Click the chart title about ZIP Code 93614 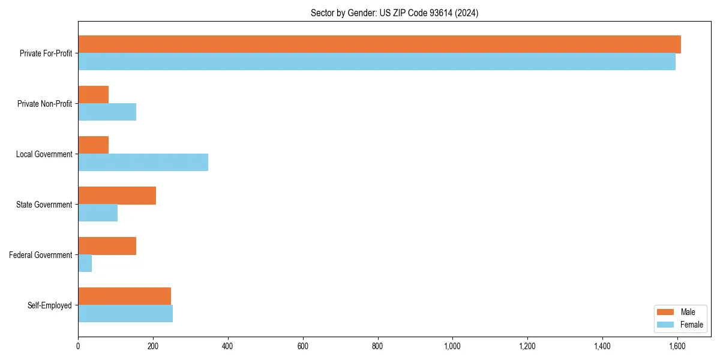394,13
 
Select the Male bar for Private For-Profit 379,44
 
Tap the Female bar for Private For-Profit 377,62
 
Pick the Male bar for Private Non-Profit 94,95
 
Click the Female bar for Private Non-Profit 107,112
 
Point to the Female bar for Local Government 143,163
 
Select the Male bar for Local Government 94,145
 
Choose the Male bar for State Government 117,196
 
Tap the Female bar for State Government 98,213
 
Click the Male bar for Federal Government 107,246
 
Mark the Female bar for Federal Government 85,263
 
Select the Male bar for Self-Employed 125,296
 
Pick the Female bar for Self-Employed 125,314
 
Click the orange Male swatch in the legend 666,312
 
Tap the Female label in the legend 692,325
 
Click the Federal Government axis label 41,255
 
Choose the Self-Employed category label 50,305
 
